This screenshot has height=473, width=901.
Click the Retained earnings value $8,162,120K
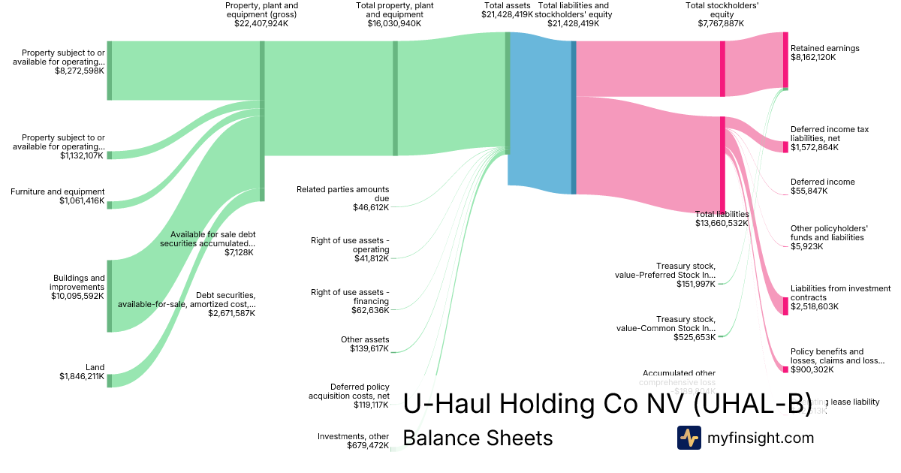[x=813, y=57]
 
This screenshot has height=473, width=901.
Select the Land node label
[x=95, y=367]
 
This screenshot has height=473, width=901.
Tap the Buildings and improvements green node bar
[x=109, y=296]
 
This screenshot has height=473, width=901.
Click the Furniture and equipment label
[x=58, y=192]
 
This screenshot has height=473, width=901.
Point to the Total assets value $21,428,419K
[x=508, y=14]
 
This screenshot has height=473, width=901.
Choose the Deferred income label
[x=822, y=182]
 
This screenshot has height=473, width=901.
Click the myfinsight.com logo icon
[x=689, y=438]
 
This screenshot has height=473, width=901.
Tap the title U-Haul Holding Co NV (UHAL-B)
[x=607, y=404]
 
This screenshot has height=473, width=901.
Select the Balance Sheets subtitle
[x=478, y=438]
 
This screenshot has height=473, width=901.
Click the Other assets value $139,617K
[x=369, y=348]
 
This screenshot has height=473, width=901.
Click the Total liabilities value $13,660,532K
[x=722, y=223]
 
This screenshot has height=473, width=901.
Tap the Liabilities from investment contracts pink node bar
[x=785, y=306]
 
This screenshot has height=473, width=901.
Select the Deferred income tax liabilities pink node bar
[x=785, y=146]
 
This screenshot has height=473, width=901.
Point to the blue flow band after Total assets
[x=541, y=113]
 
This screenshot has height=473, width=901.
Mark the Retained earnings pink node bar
[x=785, y=60]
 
